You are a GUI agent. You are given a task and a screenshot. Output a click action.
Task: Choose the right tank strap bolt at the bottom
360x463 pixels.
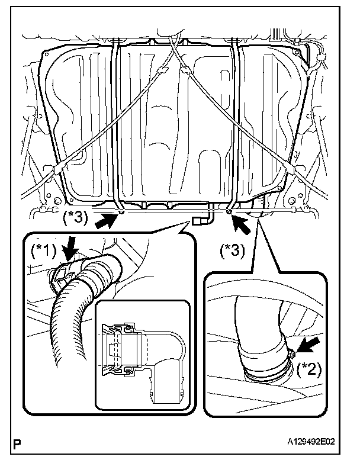pos(229,210)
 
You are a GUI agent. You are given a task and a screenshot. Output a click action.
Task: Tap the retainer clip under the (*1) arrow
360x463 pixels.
pos(62,273)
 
